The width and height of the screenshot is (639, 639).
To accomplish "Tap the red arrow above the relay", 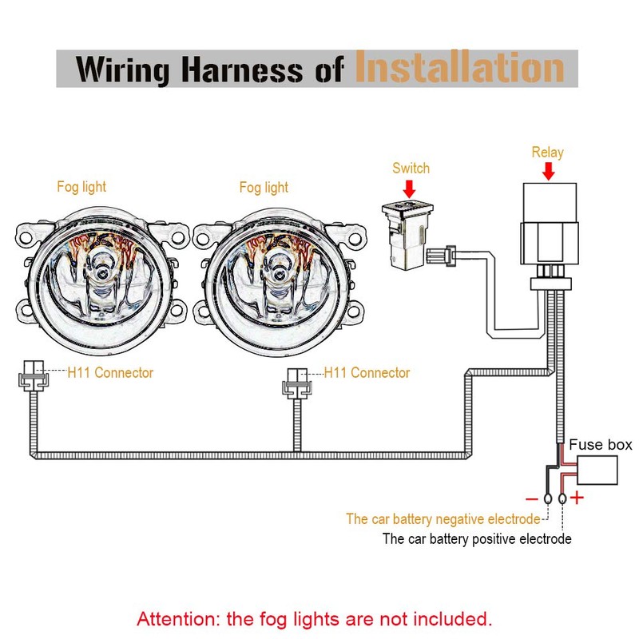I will click(547, 171).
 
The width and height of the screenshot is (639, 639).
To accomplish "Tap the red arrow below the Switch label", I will click(411, 188).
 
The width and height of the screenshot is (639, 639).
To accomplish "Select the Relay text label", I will click(547, 153).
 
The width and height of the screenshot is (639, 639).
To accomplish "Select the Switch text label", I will click(411, 169).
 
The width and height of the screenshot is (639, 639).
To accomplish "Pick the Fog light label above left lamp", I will click(81, 187).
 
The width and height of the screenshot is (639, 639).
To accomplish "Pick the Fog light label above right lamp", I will click(264, 188).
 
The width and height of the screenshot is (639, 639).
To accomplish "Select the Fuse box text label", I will click(600, 445).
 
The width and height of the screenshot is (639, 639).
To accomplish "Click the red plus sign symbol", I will click(577, 500).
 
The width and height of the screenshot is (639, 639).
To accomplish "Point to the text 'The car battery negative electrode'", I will click(443, 519).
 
